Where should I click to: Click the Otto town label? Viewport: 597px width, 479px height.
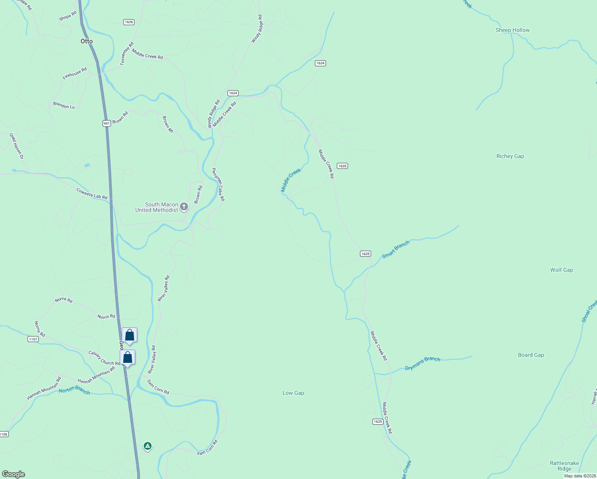pos(87,41)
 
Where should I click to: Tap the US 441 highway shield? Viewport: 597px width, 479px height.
pos(106,123)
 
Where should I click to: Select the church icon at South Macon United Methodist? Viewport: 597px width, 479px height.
pos(184,206)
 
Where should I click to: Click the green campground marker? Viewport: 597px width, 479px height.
pos(148,446)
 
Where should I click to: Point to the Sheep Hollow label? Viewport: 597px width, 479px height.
pos(512,30)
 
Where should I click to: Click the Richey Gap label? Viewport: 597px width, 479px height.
pos(510,156)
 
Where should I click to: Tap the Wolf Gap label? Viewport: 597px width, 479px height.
pos(561,270)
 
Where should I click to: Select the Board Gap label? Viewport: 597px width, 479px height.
pos(531,355)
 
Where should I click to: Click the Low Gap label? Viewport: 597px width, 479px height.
pos(293,393)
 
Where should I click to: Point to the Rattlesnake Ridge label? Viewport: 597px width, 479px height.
pos(564,466)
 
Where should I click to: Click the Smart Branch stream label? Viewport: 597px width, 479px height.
pos(395,249)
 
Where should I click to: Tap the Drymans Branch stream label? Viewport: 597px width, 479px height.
pos(423,363)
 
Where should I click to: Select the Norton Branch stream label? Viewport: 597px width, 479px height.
pos(74,390)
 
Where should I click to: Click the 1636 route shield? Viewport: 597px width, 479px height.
pos(128,22)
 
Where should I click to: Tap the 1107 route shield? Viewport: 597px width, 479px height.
pos(33,339)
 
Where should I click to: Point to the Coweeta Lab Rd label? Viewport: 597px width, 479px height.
pos(92,194)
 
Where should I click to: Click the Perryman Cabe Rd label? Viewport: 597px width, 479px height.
pos(218,184)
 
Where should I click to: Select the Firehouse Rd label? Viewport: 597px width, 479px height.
pos(75,73)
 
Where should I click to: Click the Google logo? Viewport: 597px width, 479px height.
pos(14,474)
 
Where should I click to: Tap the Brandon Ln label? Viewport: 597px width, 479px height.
pos(64,105)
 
